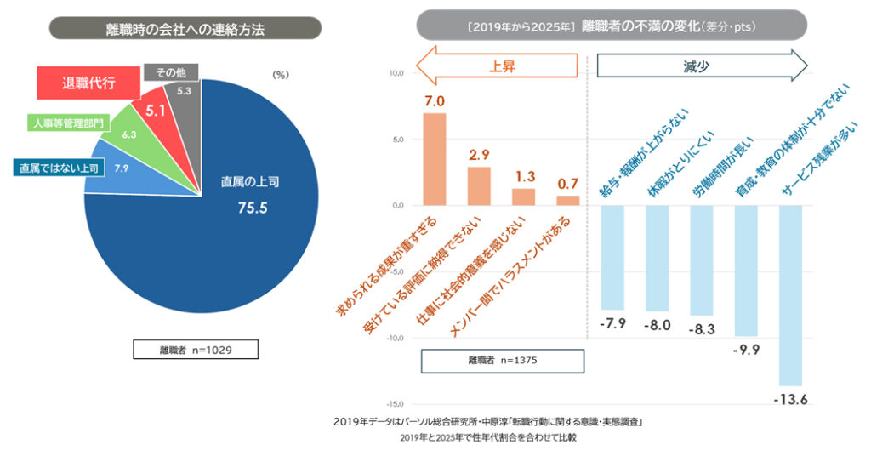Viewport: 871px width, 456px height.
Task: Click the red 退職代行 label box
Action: [x=88, y=83]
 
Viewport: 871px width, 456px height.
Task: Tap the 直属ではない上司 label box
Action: [x=59, y=168]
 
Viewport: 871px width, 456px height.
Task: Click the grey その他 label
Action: [x=171, y=72]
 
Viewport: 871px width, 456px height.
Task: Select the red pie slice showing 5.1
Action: [x=155, y=113]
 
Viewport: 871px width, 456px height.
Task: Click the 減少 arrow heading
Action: [x=697, y=66]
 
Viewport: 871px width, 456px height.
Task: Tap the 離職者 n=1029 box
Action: [x=195, y=349]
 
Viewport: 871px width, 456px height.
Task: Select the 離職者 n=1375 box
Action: [x=503, y=360]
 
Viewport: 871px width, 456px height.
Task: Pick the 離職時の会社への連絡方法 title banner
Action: [x=185, y=28]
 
